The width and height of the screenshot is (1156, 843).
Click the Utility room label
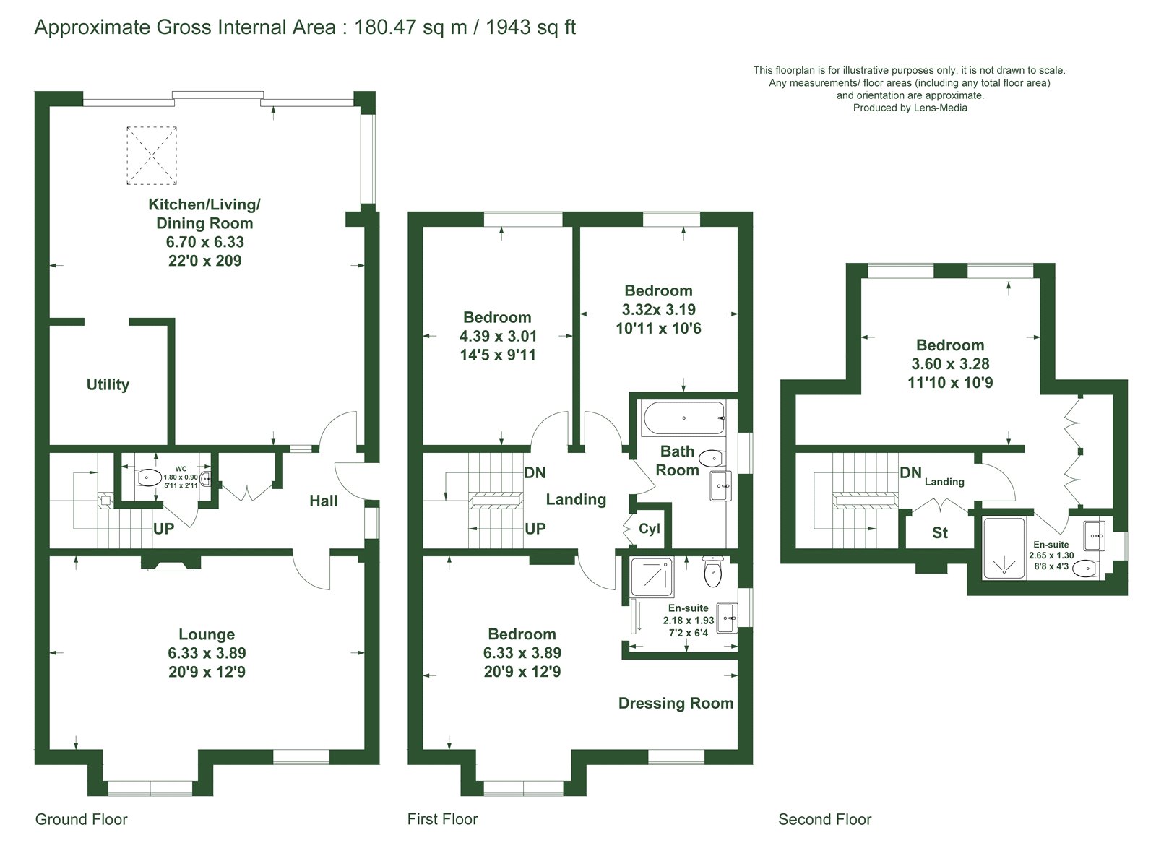(108, 384)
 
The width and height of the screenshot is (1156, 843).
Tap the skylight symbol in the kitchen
(152, 155)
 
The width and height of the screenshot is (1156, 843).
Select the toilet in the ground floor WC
(149, 477)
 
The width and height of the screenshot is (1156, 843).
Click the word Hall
(324, 501)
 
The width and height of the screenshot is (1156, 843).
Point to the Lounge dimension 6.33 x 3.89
(207, 652)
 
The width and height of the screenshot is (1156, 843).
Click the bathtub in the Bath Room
(683, 418)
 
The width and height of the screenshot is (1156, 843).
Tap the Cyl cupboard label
(650, 529)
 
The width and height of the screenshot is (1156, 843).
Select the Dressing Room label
(676, 703)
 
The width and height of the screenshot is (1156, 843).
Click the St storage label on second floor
(940, 533)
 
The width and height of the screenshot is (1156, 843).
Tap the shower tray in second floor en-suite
(1004, 548)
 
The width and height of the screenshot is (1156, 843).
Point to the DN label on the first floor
(535, 472)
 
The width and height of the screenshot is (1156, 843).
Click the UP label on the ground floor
(163, 529)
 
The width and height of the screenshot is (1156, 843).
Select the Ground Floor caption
(81, 819)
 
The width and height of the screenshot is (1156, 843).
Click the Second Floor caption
(824, 819)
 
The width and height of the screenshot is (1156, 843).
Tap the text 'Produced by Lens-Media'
(910, 108)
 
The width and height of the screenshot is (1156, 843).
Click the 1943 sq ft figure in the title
(530, 27)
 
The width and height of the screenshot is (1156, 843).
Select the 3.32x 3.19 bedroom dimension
(658, 310)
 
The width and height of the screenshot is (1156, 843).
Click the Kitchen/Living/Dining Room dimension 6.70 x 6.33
(205, 242)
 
